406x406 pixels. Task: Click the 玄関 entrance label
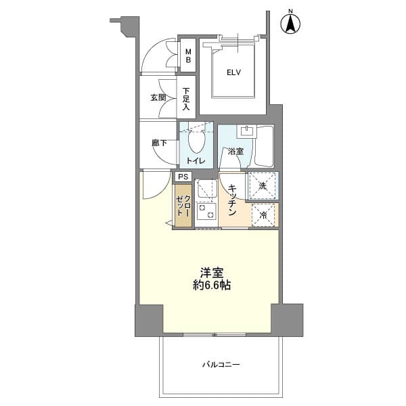tap(158, 97)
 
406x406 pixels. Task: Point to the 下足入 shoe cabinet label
tap(187, 98)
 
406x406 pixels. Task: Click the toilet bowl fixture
tap(197, 141)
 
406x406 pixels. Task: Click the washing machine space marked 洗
tap(263, 185)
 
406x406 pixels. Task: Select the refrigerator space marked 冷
tap(263, 215)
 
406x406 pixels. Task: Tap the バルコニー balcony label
tap(221, 365)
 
